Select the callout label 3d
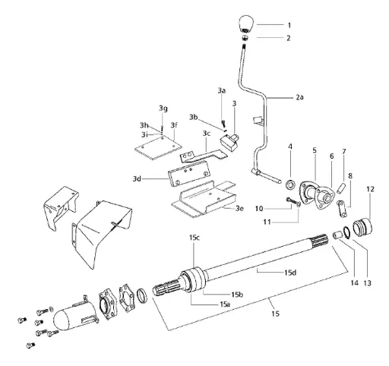[x=138, y=179]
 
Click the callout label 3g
[x=163, y=108]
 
